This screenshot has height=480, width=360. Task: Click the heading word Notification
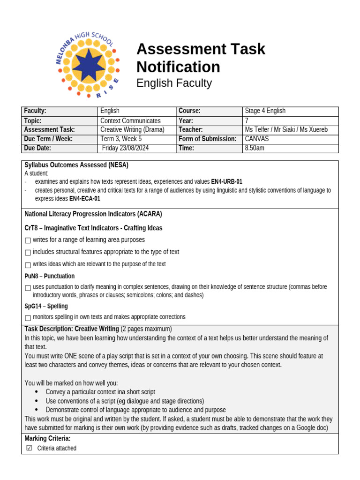[178, 67]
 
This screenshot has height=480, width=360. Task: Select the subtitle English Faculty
[174, 83]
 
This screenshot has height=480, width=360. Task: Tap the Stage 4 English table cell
[265, 111]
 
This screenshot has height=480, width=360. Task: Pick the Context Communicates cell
[130, 120]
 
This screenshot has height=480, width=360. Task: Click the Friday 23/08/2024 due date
[126, 148]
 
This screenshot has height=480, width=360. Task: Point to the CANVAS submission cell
[258, 139]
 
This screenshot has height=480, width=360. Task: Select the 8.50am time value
[255, 148]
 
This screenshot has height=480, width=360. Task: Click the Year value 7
[247, 120]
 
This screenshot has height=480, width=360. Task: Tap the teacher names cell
[286, 129]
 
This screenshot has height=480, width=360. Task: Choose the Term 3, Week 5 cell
[121, 139]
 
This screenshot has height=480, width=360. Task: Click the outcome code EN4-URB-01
[227, 181]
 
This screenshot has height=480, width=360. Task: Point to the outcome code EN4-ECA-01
[85, 199]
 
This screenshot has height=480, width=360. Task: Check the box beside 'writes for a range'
[28, 240]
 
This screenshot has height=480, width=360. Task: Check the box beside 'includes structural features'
[28, 253]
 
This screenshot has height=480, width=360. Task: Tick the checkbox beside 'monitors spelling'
[28, 318]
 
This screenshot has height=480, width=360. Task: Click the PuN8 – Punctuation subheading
[49, 276]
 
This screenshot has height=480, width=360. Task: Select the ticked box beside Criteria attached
[29, 448]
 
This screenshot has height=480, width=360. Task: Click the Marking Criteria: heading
[47, 438]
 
